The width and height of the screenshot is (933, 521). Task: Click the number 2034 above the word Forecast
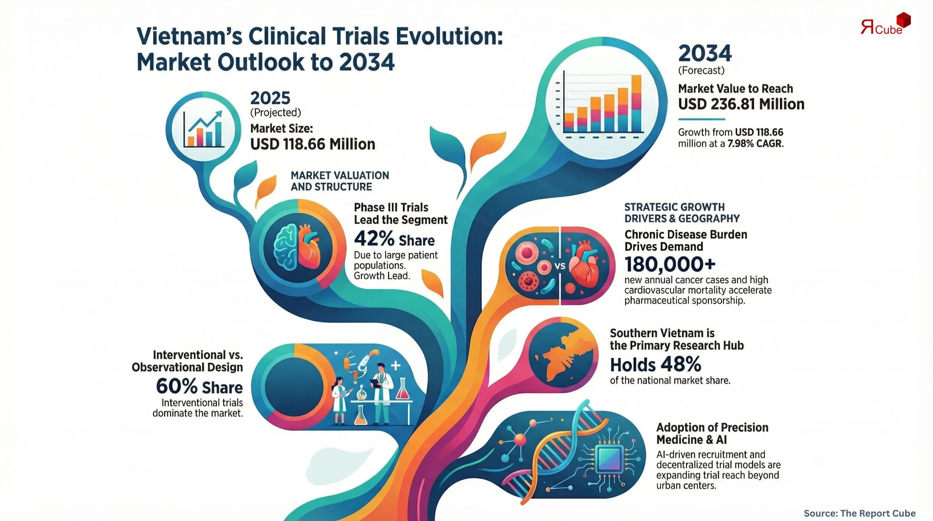coord(705,54)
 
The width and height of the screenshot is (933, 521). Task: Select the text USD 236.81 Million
coord(741,104)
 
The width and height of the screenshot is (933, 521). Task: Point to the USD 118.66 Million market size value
coord(313,144)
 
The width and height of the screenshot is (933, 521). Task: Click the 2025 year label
coord(270,98)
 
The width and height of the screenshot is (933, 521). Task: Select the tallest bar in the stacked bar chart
coord(636,103)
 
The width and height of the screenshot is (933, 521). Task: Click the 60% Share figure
coord(199,387)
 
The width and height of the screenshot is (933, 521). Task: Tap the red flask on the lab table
coord(402,389)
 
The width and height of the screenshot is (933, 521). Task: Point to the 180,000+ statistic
coord(670,264)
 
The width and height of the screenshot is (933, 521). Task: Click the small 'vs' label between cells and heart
coord(560,266)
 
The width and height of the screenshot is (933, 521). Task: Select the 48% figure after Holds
coord(680,365)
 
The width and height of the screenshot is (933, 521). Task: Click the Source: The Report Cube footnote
coord(859,514)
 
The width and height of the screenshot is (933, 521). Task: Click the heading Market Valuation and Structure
coord(340,181)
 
